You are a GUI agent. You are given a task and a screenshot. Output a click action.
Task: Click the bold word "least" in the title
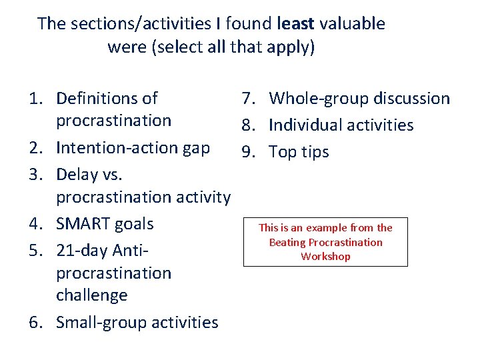[x=295, y=24]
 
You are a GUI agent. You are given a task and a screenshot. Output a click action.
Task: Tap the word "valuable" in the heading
[x=352, y=24]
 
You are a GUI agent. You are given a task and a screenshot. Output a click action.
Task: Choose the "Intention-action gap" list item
[x=133, y=148]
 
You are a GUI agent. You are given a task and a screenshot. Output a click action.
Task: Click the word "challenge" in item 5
[x=91, y=295]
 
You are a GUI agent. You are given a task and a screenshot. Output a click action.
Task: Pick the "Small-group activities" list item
[x=137, y=323]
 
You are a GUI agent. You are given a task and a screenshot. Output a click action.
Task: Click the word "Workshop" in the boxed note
[x=325, y=257]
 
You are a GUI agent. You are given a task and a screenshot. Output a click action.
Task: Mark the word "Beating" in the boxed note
[x=287, y=243]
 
